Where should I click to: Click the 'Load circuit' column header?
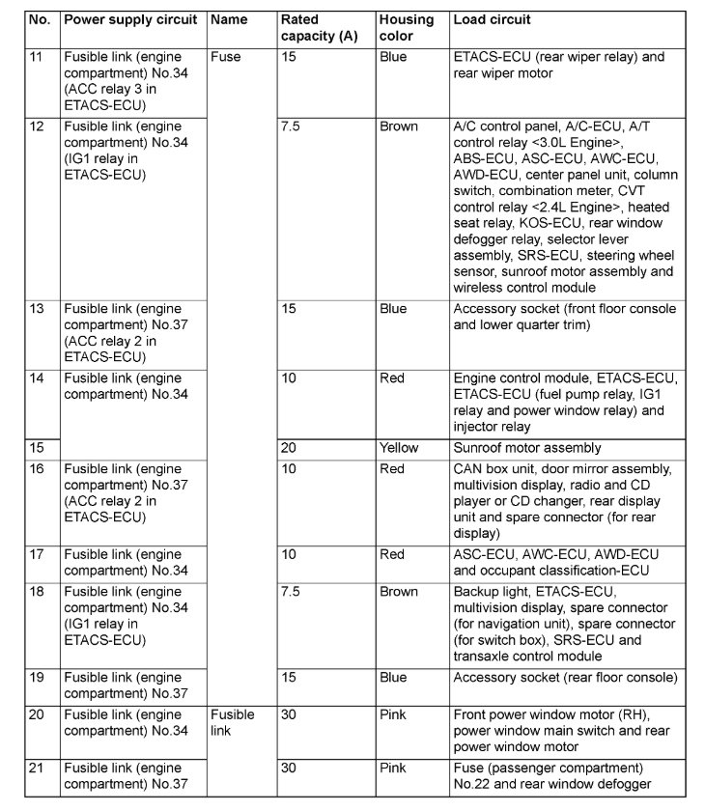[x=492, y=19]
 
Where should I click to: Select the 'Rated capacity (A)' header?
[x=313, y=28]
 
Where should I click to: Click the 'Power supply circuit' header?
[x=130, y=19]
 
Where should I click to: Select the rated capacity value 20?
[x=289, y=448]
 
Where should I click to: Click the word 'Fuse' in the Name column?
[x=225, y=57]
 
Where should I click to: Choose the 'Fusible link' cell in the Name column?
[x=233, y=722]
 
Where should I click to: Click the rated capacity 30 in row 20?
[x=289, y=714]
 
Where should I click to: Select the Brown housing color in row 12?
[x=399, y=126]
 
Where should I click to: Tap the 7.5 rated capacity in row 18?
[x=291, y=592]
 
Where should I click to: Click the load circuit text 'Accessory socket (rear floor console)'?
[x=565, y=678]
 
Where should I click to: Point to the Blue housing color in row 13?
[x=394, y=309]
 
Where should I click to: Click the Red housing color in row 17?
[x=392, y=554]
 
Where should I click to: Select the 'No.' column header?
[x=39, y=19]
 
